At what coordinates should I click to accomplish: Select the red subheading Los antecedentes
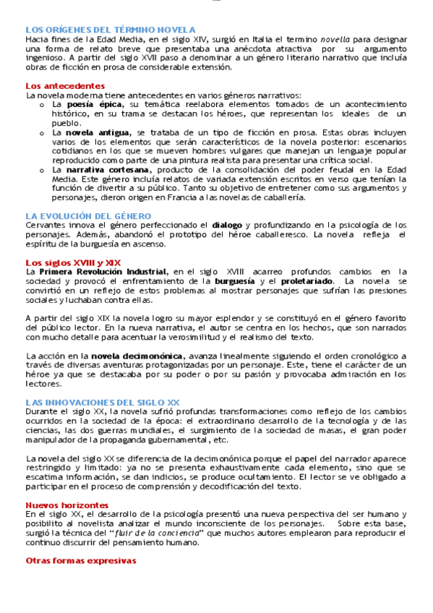(x=59, y=86)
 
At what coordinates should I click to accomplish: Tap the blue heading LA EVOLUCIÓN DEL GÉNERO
(x=88, y=215)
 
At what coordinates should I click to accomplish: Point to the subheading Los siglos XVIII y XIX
(x=73, y=262)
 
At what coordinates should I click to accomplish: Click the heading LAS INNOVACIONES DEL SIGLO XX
(x=103, y=401)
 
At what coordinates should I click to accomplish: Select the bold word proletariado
(x=307, y=280)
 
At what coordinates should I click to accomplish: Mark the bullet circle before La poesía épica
(x=44, y=105)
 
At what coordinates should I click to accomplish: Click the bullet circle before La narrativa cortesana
(x=44, y=170)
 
